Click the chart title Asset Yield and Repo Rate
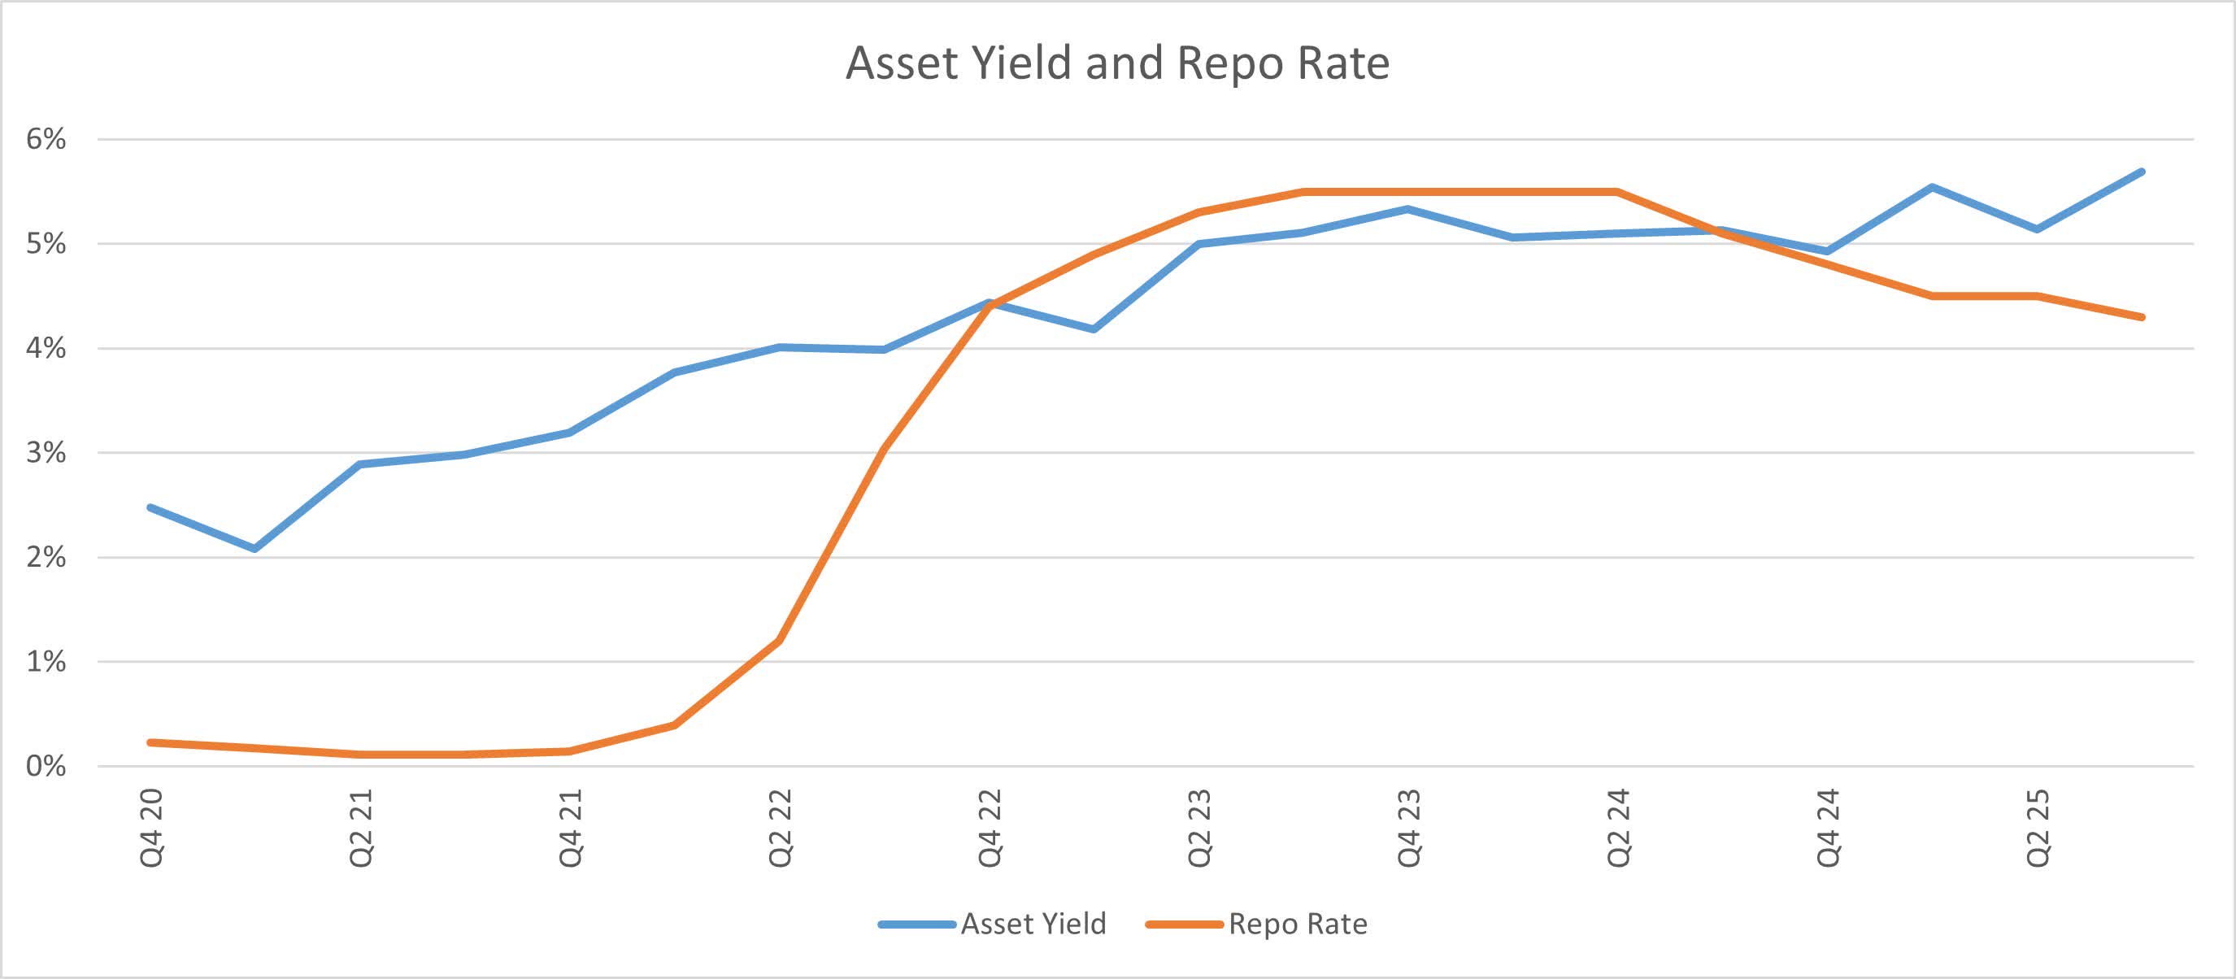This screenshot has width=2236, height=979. pyautogui.click(x=1117, y=63)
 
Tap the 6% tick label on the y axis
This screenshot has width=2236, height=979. pyautogui.click(x=46, y=139)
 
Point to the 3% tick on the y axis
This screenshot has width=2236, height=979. pyautogui.click(x=46, y=452)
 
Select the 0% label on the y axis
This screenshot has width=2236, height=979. pyautogui.click(x=46, y=765)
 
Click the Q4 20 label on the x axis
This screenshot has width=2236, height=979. pyautogui.click(x=152, y=828)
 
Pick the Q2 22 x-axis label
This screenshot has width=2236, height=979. pyautogui.click(x=781, y=828)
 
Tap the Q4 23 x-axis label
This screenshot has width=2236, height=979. pyautogui.click(x=1408, y=828)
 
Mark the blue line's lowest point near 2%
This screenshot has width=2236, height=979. pyautogui.click(x=254, y=549)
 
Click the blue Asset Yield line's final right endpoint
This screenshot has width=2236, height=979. pyautogui.click(x=2142, y=172)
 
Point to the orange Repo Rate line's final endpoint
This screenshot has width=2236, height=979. pyautogui.click(x=2142, y=317)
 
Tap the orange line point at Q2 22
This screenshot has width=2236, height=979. pyautogui.click(x=780, y=641)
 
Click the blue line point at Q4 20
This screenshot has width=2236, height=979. pyautogui.click(x=151, y=507)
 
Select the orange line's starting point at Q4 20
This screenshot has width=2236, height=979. pyautogui.click(x=151, y=742)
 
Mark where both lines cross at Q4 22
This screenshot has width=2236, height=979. pyautogui.click(x=990, y=304)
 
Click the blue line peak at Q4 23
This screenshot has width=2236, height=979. pyautogui.click(x=1408, y=208)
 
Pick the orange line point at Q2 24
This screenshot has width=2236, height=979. pyautogui.click(x=1617, y=191)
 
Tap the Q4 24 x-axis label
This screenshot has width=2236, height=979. pyautogui.click(x=1827, y=828)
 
